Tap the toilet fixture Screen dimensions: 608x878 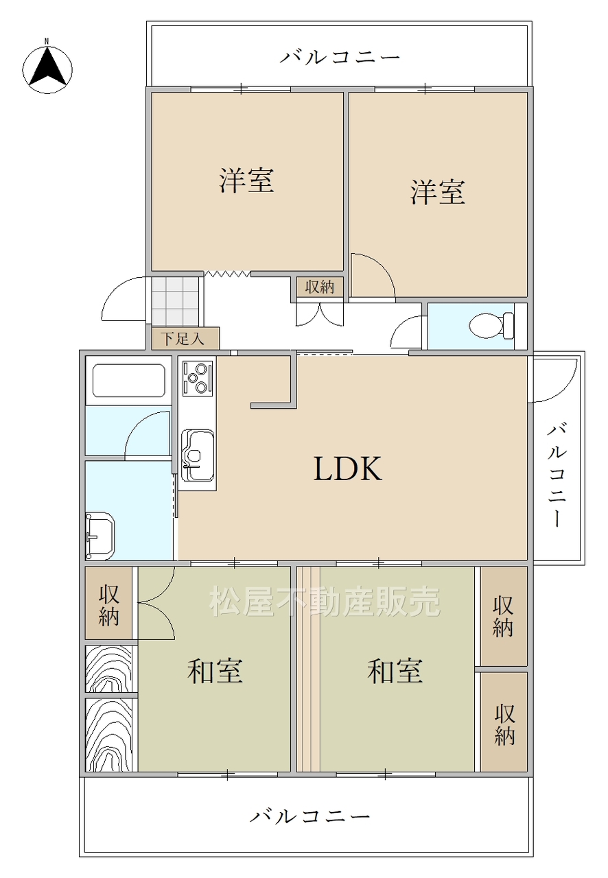coord(491,325)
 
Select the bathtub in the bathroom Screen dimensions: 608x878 coord(128,380)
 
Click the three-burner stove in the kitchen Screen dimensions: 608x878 coord(198,378)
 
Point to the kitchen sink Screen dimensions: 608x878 coord(198,455)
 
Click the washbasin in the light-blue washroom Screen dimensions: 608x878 coord(100,536)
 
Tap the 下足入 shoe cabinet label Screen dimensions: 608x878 coord(183,339)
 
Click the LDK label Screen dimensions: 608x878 coord(347,468)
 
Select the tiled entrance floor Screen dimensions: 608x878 coord(175,301)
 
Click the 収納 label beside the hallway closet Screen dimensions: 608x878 coord(320,287)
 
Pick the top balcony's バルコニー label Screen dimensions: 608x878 coord(340,57)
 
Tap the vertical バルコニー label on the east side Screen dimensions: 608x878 coord(557,475)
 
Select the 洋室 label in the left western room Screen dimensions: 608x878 coord(246,180)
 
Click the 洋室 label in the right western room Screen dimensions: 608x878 coord(438,192)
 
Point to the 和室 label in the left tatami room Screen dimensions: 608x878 coord(215,671)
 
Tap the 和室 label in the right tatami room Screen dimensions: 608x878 coord(395,671)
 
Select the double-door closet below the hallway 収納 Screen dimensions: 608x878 coord(320,314)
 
